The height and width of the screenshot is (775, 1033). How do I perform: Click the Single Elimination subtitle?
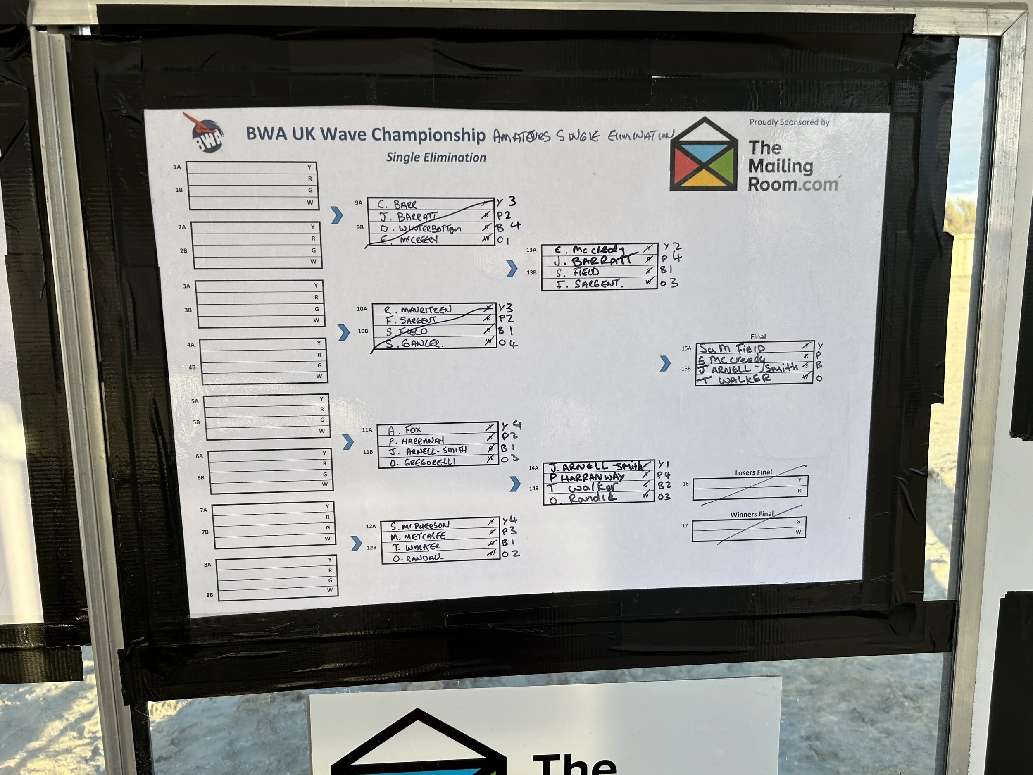pos(436,157)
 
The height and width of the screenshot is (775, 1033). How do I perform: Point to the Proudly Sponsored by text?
pos(789,122)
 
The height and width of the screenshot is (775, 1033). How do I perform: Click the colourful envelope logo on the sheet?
pos(703,155)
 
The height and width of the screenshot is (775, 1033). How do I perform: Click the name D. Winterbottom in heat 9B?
pos(420,229)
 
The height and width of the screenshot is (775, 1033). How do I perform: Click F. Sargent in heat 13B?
pos(589,284)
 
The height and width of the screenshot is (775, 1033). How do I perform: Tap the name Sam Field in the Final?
pos(732,348)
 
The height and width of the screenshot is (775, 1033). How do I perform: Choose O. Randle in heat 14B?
pos(583,498)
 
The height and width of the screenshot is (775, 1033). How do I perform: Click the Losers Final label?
pos(753,472)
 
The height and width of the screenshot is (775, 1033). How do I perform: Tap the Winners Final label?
pos(752,514)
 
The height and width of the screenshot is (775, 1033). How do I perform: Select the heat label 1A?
pos(177,167)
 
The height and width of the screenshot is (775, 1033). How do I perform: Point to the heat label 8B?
pos(209,595)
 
